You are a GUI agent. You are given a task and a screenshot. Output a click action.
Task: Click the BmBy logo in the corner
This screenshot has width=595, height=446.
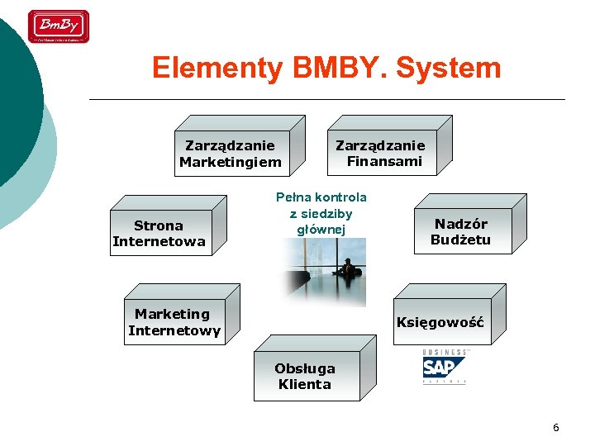(x=59, y=26)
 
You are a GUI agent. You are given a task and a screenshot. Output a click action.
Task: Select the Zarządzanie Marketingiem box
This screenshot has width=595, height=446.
(x=230, y=154)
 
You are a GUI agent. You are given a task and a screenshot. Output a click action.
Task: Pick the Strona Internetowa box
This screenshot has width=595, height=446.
(x=159, y=233)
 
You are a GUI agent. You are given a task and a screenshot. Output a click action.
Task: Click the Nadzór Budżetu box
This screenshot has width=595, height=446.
(x=461, y=231)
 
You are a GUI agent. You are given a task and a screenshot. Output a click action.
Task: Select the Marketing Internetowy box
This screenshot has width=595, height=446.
(x=174, y=321)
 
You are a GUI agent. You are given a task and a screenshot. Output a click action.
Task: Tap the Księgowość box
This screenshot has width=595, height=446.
(x=440, y=322)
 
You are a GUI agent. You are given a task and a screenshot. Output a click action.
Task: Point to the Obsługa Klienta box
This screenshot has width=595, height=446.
(x=305, y=377)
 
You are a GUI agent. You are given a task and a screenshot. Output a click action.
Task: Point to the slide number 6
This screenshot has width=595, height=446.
(x=555, y=428)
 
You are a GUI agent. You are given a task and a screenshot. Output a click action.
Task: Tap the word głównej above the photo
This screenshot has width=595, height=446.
(x=321, y=230)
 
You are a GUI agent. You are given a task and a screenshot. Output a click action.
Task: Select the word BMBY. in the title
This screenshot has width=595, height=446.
(x=339, y=68)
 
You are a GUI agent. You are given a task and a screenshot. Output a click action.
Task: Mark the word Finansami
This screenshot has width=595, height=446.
(x=384, y=161)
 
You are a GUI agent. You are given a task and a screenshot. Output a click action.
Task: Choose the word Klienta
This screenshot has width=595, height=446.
(x=305, y=384)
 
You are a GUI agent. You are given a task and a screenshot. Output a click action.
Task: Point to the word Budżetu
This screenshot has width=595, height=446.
(x=460, y=240)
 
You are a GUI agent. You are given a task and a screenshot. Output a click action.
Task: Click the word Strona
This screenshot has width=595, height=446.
(x=158, y=225)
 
